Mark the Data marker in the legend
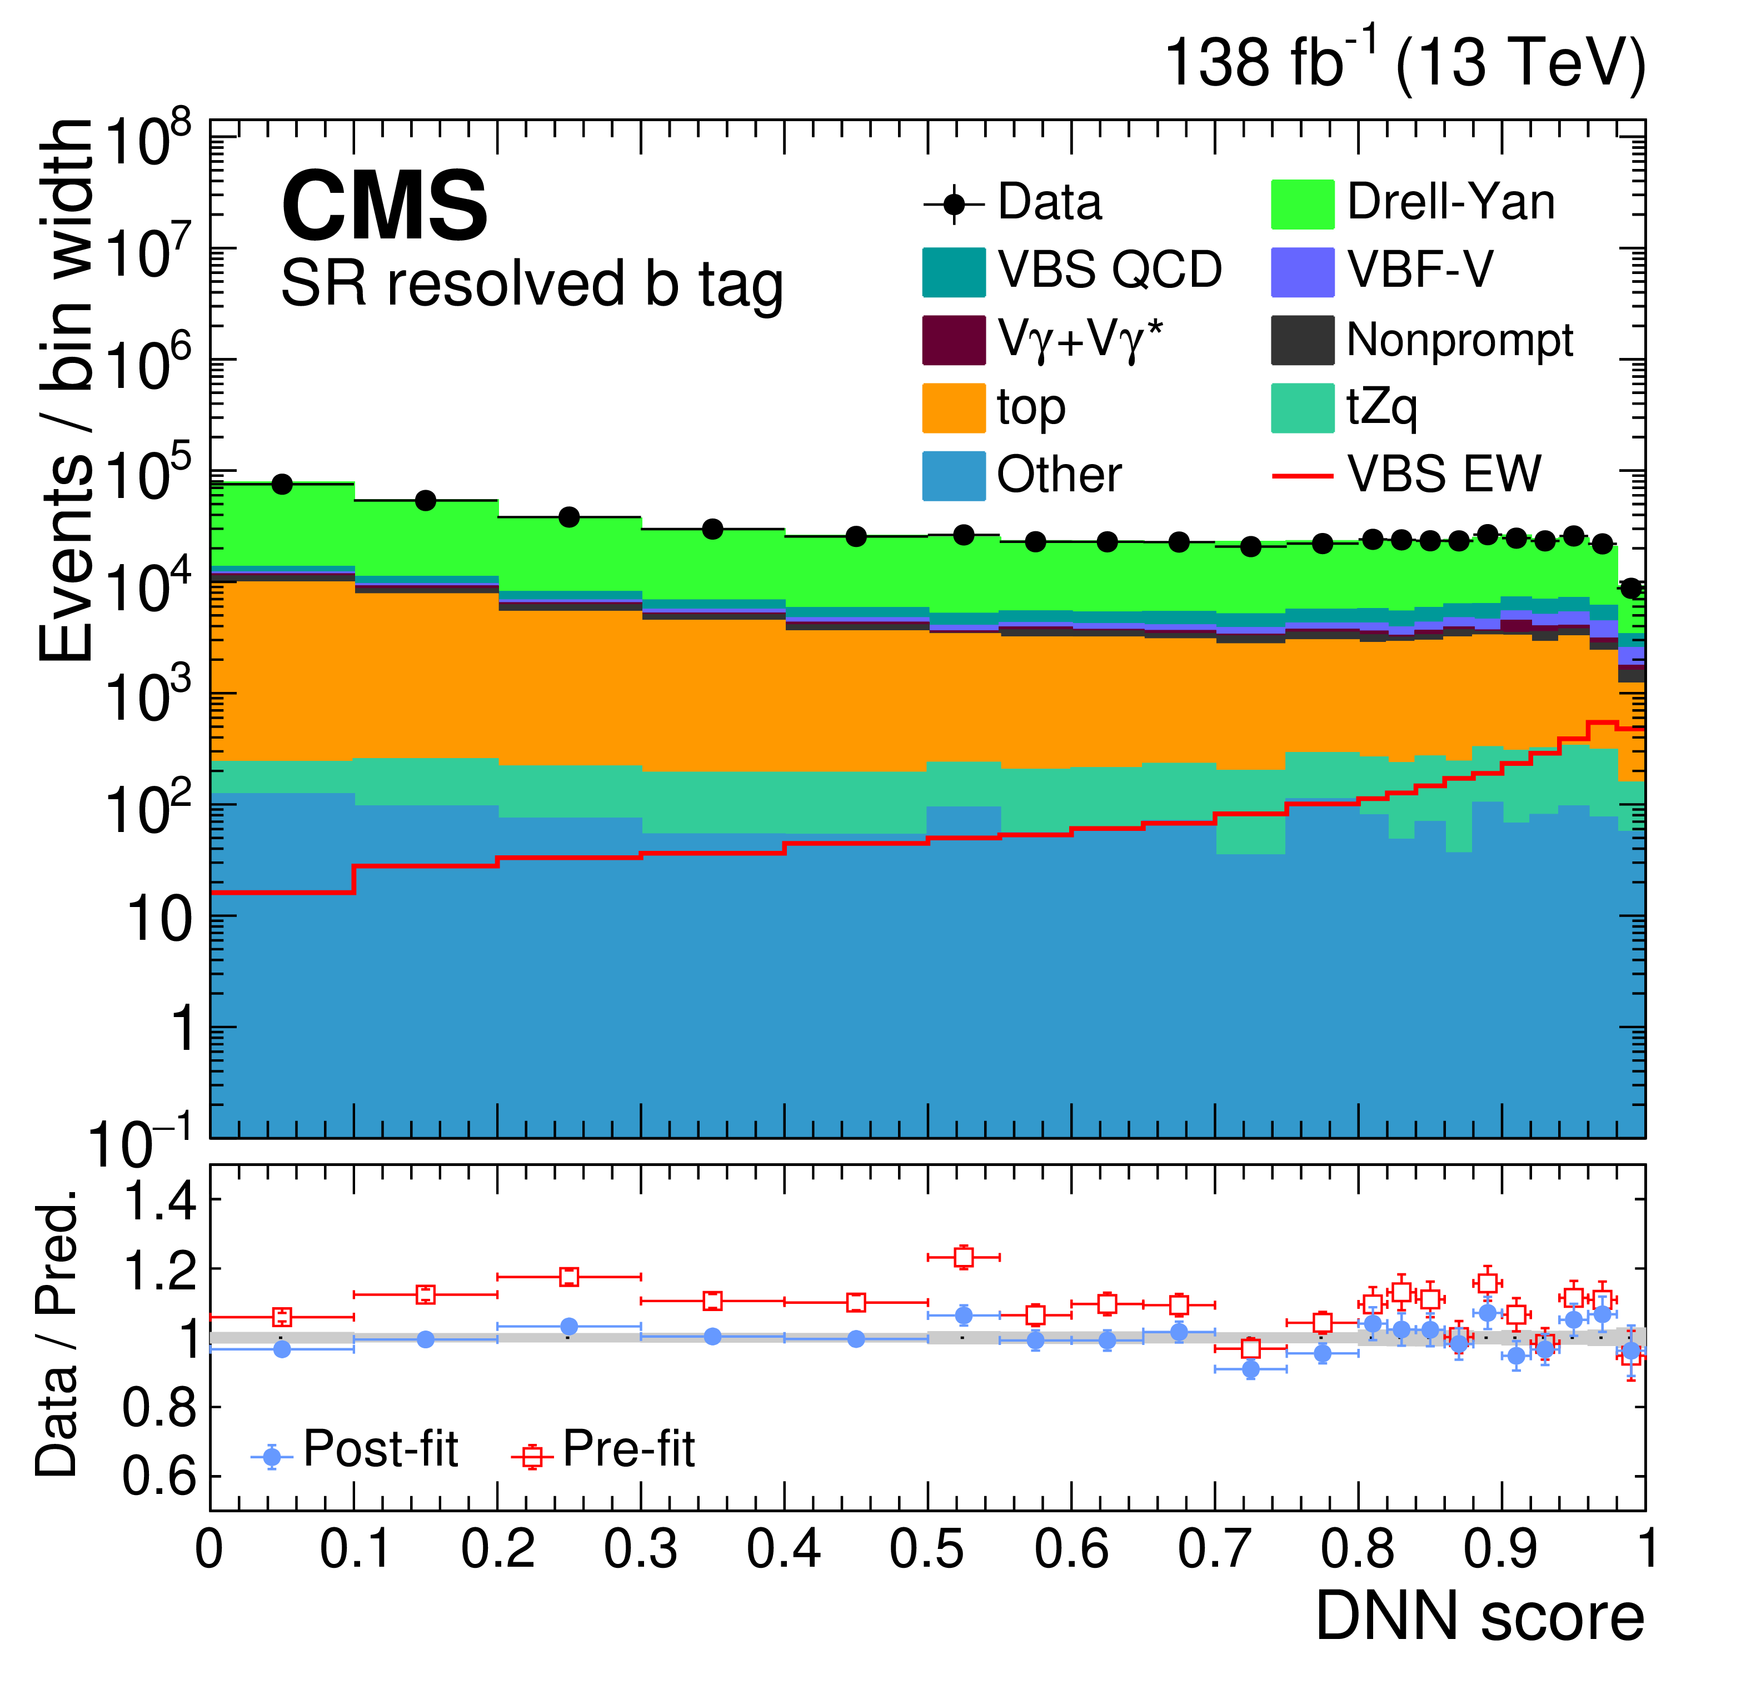pyautogui.click(x=954, y=203)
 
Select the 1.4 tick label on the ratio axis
pyautogui.click(x=161, y=1202)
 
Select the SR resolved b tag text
pyautogui.click(x=532, y=284)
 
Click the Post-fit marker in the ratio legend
pyautogui.click(x=272, y=1457)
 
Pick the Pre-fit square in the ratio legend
pyautogui.click(x=532, y=1457)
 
